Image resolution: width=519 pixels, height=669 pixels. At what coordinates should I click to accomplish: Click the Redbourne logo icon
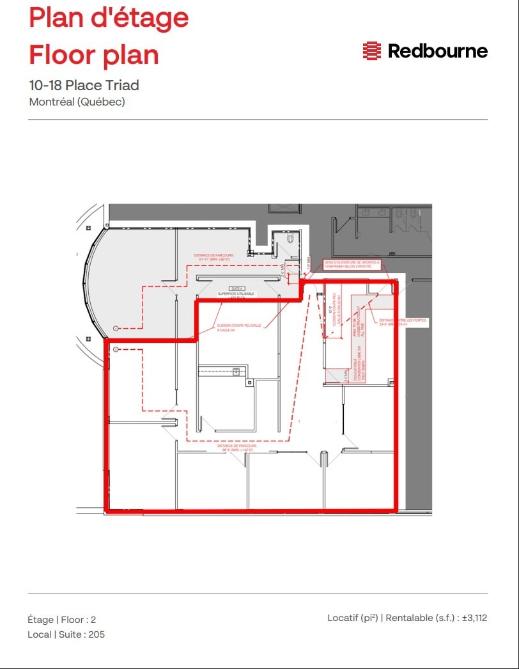click(x=371, y=51)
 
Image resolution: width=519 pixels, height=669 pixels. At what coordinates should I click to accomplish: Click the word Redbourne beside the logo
click(x=438, y=51)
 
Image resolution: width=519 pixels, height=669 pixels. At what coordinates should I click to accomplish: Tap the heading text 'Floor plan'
click(x=93, y=55)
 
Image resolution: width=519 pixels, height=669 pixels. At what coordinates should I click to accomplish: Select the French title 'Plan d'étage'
click(x=109, y=18)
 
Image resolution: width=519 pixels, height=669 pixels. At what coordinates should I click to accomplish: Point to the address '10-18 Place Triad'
click(x=84, y=85)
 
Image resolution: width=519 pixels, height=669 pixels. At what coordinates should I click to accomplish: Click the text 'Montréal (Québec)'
click(x=77, y=102)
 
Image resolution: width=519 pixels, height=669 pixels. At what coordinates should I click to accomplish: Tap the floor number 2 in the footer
click(x=93, y=620)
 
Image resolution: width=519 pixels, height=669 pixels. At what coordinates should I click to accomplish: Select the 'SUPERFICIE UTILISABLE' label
click(x=236, y=294)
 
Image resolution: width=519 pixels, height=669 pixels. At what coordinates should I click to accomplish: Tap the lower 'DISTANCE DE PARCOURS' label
click(x=237, y=448)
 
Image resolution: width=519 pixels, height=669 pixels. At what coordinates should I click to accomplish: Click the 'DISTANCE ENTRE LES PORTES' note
click(x=403, y=322)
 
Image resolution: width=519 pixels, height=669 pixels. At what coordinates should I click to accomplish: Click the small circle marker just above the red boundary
click(x=116, y=328)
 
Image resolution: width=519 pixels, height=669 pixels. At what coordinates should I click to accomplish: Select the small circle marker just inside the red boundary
click(x=116, y=349)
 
